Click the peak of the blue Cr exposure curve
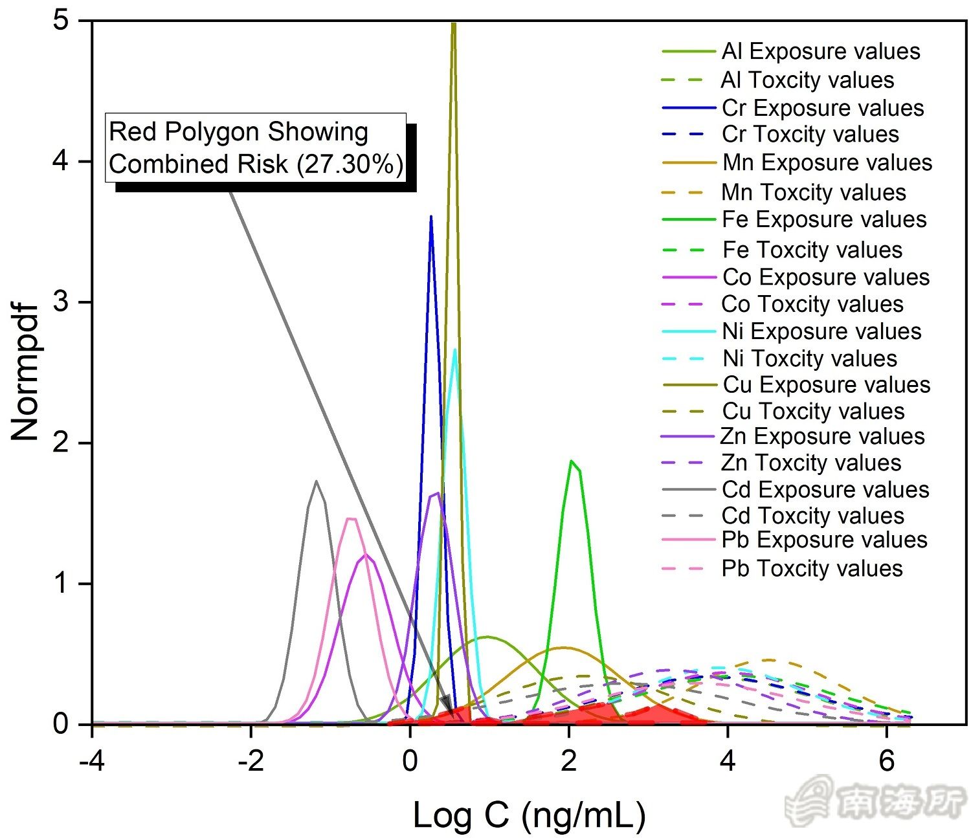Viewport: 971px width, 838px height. (x=431, y=217)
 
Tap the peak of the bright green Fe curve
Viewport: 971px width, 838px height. (x=571, y=461)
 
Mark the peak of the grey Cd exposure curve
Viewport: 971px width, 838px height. (x=316, y=481)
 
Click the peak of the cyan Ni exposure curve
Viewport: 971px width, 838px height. (x=455, y=350)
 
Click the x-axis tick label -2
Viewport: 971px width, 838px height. (x=251, y=762)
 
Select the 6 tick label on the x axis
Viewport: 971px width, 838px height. (x=887, y=762)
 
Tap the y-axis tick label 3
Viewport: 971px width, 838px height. (x=61, y=302)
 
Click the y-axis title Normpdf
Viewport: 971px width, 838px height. (x=26, y=372)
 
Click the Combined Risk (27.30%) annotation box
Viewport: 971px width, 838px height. (x=256, y=148)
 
